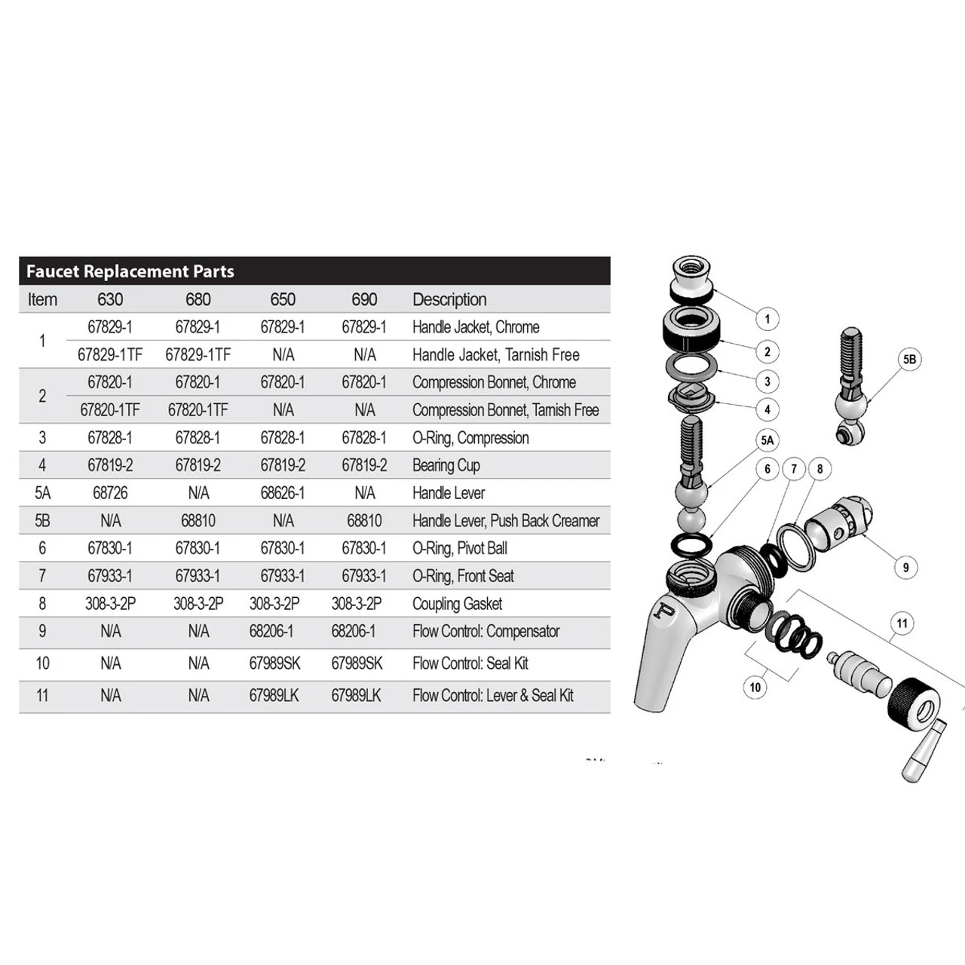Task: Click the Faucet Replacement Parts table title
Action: [x=130, y=271]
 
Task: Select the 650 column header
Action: [x=283, y=299]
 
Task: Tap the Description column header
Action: [x=449, y=299]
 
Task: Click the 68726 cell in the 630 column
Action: [x=110, y=493]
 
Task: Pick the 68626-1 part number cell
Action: [x=283, y=493]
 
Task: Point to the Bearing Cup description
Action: [x=446, y=465]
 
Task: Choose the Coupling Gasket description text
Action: [x=457, y=604]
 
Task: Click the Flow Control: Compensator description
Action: [x=486, y=632]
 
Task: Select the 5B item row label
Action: [x=42, y=521]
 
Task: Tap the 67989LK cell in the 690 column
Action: [x=356, y=696]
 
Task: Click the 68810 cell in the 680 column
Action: [x=198, y=521]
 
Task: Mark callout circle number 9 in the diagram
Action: [x=905, y=568]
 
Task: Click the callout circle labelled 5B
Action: [x=910, y=360]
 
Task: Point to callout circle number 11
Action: [x=902, y=623]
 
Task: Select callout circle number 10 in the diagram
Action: [x=755, y=687]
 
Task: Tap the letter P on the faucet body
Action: [x=663, y=610]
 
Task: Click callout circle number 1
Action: [x=767, y=319]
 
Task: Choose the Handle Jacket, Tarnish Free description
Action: [x=495, y=355]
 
